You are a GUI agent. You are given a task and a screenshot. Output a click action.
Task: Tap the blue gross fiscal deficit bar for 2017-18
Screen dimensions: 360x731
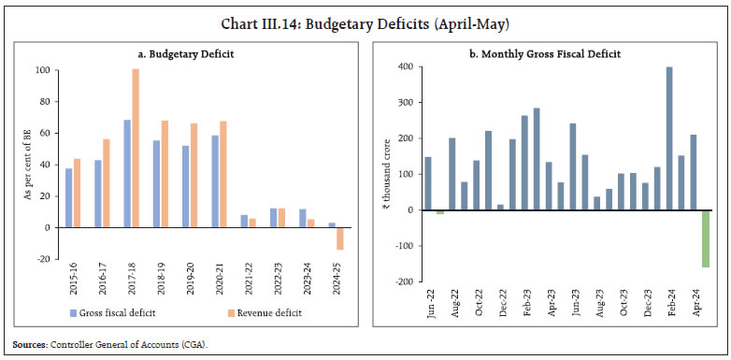[x=125, y=173]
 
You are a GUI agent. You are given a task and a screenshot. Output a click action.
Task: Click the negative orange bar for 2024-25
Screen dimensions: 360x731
[x=338, y=238]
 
